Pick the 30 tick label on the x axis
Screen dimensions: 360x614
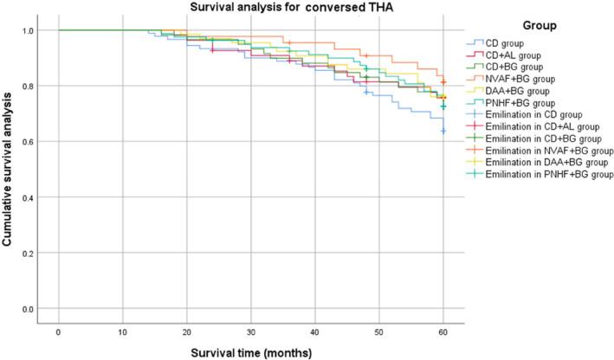tap(251, 331)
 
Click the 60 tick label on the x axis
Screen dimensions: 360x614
tap(443, 331)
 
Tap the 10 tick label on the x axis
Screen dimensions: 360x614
tap(122, 331)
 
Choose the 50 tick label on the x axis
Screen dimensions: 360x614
tap(379, 331)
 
